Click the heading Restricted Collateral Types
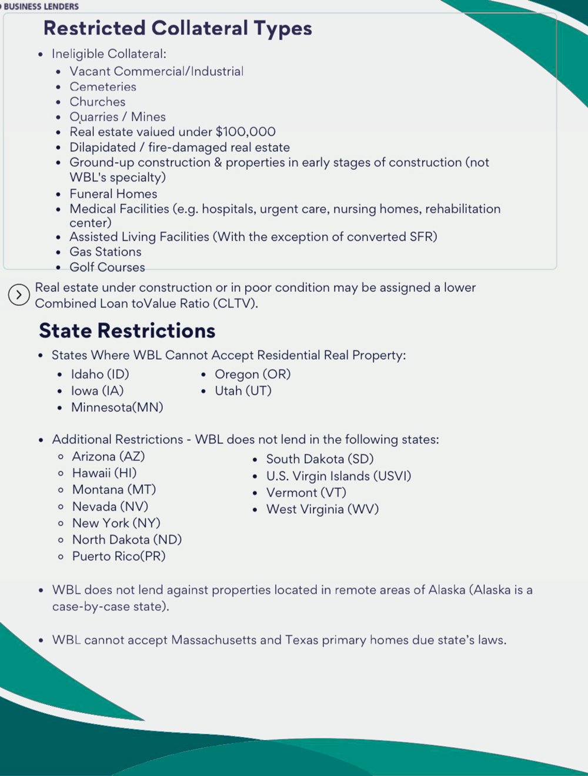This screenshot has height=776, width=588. (x=178, y=28)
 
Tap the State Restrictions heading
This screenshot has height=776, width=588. (x=127, y=330)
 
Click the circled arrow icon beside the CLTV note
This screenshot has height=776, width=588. (x=19, y=295)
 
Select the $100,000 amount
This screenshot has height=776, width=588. (x=245, y=132)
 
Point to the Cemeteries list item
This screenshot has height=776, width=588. (x=103, y=86)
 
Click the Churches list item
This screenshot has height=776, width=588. (x=98, y=102)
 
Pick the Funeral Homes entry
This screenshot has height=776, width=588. (x=113, y=193)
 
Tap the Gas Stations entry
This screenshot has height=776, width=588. (x=105, y=252)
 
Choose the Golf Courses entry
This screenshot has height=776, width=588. (x=107, y=267)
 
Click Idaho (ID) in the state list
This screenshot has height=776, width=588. (x=100, y=374)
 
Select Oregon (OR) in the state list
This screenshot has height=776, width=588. (x=252, y=374)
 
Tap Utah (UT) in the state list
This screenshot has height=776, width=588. (x=243, y=390)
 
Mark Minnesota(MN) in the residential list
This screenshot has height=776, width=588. (x=117, y=407)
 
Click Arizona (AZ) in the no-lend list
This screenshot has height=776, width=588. (x=108, y=456)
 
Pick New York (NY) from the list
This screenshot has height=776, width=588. (x=116, y=523)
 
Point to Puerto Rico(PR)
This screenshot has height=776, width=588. (x=119, y=556)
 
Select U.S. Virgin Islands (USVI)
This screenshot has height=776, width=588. (x=339, y=476)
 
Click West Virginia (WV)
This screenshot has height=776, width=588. (x=322, y=509)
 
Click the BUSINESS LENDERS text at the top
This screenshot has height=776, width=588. (x=41, y=6)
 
